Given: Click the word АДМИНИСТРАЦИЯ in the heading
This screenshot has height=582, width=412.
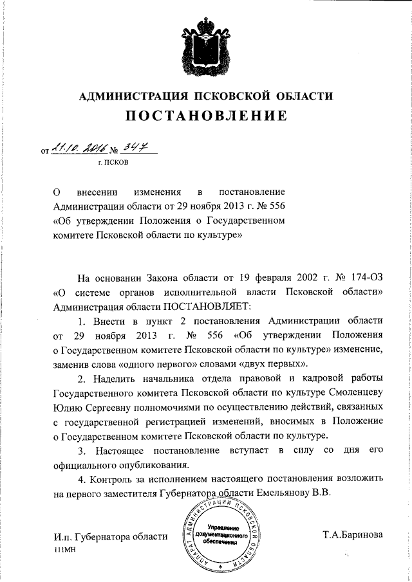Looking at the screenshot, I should (x=133, y=97).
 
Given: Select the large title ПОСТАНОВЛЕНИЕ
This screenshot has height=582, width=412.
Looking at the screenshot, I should (x=205, y=116).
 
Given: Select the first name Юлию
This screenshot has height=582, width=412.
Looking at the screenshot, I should (x=66, y=406).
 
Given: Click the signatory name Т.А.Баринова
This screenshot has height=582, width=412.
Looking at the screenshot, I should (x=353, y=535).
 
